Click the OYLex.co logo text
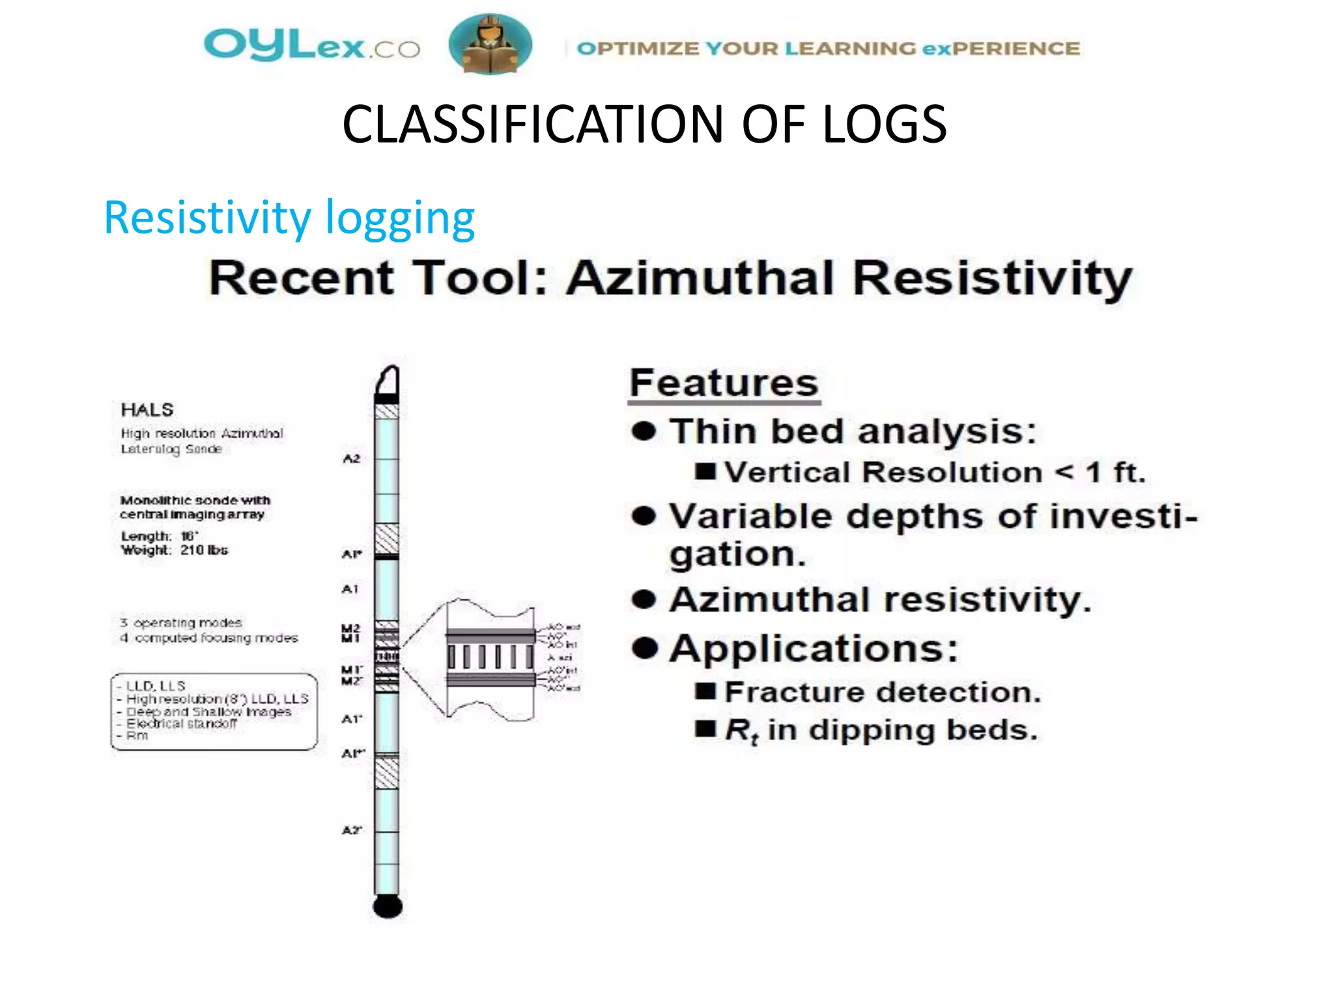pyautogui.click(x=311, y=46)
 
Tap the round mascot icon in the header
pyautogui.click(x=490, y=44)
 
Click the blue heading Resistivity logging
pyautogui.click(x=289, y=218)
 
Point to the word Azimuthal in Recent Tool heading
pyautogui.click(x=701, y=278)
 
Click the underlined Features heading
pyautogui.click(x=724, y=383)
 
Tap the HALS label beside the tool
pyautogui.click(x=147, y=410)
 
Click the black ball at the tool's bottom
pyautogui.click(x=388, y=906)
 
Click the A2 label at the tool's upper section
pyautogui.click(x=351, y=459)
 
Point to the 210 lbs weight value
pyautogui.click(x=204, y=551)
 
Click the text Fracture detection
pyautogui.click(x=883, y=692)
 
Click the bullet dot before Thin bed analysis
pyautogui.click(x=644, y=431)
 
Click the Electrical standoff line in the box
pyautogui.click(x=182, y=724)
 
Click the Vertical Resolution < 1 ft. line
pyautogui.click(x=935, y=472)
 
